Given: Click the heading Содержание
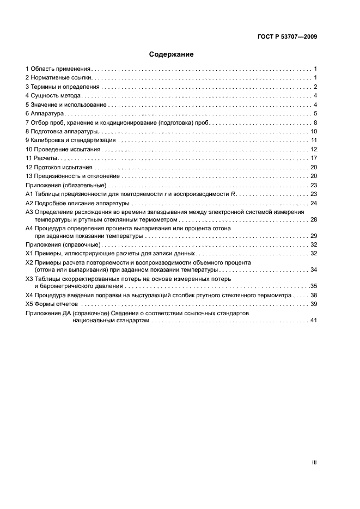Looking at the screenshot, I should tap(171, 54).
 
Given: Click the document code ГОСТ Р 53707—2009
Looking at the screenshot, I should tap(287, 36).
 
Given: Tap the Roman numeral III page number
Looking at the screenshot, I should tap(314, 462).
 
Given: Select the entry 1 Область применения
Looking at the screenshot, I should tap(58, 69).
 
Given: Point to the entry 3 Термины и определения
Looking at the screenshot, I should tap(63, 87).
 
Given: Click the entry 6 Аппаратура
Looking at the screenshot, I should tap(45, 113).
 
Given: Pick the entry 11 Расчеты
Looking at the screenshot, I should tap(41, 158).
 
